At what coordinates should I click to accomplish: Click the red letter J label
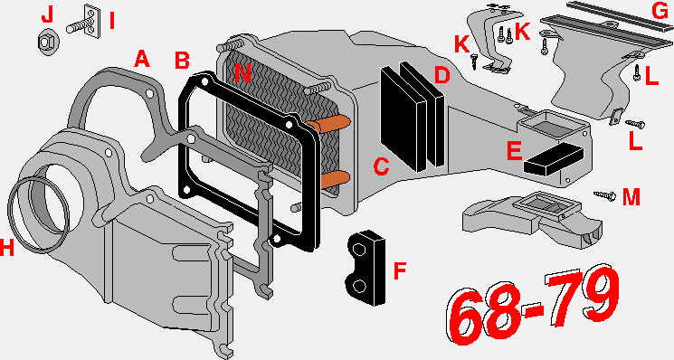click(47, 15)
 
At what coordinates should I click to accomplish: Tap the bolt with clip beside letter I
click(84, 24)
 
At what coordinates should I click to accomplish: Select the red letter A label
click(142, 59)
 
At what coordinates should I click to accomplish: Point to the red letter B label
click(182, 60)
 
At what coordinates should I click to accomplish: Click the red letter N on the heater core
click(242, 72)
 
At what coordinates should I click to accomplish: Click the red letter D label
click(441, 75)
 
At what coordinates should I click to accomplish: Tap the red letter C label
click(381, 166)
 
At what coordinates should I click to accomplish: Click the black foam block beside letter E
click(553, 158)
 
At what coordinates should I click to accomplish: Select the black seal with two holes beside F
click(365, 268)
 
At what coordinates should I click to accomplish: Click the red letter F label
click(400, 271)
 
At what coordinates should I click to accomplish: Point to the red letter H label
click(7, 248)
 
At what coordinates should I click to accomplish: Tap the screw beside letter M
click(605, 195)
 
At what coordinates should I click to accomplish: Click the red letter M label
click(631, 197)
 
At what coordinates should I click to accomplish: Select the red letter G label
click(660, 11)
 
